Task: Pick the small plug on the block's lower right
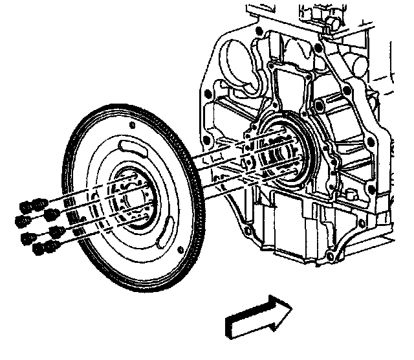click(352, 194)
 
